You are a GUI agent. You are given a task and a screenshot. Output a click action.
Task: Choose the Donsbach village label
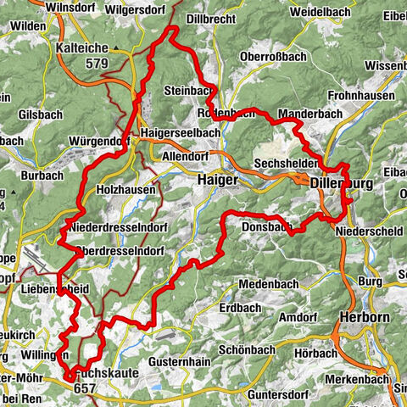point(265,228)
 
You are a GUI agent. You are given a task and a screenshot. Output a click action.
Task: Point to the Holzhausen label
point(126,189)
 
